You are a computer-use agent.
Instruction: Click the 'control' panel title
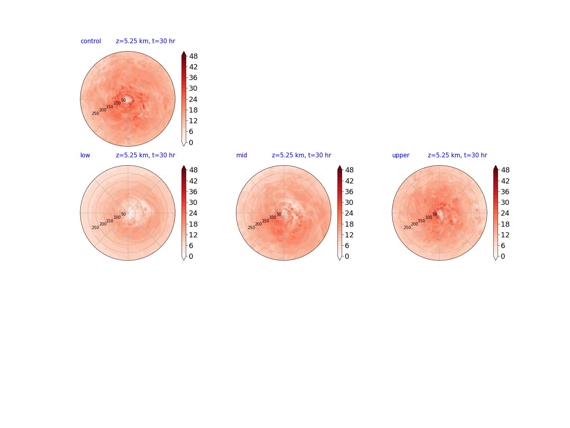pos(91,41)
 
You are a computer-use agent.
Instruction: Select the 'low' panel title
pos(85,155)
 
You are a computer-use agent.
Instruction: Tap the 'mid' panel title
pos(241,155)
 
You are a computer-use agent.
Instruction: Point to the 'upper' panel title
pos(401,155)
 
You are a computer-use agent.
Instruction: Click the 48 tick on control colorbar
pos(194,56)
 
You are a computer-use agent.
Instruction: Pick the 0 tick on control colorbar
pos(191,142)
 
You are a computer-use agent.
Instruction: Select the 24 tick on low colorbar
pos(193,213)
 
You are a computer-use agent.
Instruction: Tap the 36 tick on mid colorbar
pos(349,191)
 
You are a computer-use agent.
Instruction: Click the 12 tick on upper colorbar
pos(505,235)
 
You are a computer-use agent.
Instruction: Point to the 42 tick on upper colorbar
pos(505,181)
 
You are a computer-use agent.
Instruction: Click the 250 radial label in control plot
pos(95,114)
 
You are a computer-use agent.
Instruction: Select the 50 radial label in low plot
pos(123,214)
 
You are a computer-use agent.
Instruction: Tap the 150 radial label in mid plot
pos(265,221)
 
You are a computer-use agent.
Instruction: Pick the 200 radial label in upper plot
pos(414,224)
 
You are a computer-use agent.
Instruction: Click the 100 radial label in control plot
pos(117,103)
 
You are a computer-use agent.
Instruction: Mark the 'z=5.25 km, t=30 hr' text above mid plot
pos(301,155)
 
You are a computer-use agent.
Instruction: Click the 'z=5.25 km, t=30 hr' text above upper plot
pos(457,155)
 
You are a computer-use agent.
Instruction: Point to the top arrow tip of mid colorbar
pos(339,166)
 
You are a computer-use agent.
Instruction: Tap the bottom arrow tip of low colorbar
pos(184,260)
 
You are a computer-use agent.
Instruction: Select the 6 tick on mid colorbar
pos(347,246)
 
